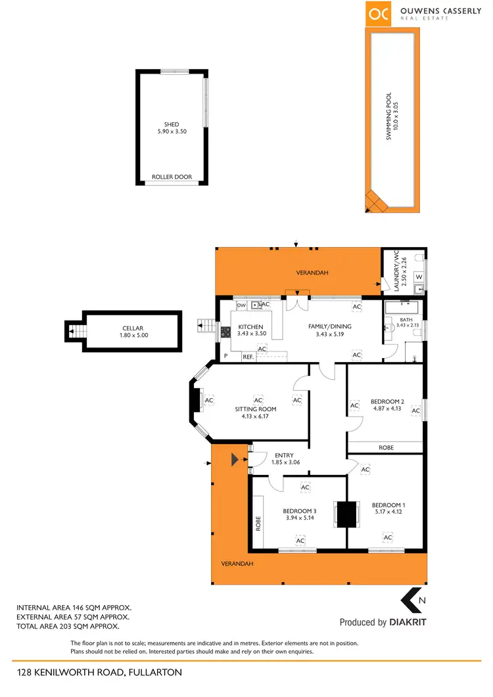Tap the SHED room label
(172, 124)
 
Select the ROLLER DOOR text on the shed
(172, 177)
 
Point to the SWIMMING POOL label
(388, 116)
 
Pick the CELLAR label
(132, 328)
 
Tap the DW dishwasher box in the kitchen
(241, 305)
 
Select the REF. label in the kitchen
(248, 357)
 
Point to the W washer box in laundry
(419, 277)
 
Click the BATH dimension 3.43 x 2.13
(406, 325)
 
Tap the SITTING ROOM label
(256, 409)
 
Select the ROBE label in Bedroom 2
(386, 447)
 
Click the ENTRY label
(285, 455)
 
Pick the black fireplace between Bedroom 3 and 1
(346, 514)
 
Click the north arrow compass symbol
(412, 600)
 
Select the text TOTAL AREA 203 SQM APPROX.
(73, 627)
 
